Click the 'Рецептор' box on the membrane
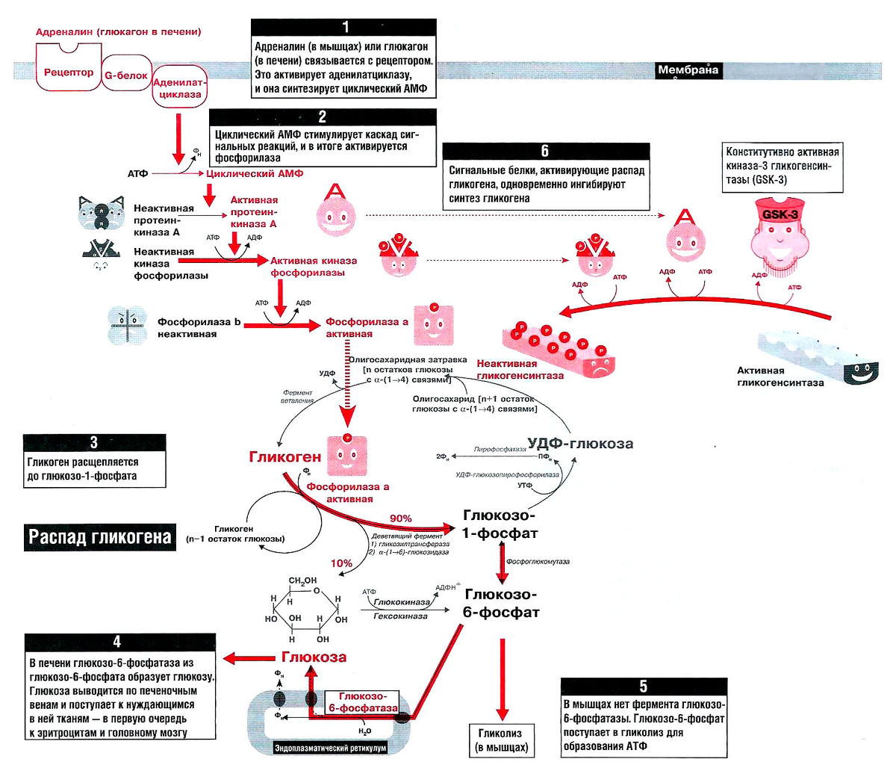(69, 72)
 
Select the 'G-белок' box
(125, 75)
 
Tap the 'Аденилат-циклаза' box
(180, 89)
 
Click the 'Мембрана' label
(688, 71)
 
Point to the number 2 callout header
(323, 117)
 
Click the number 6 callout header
(545, 151)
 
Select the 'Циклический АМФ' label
(255, 173)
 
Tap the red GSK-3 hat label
(780, 214)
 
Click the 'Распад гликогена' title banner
(100, 536)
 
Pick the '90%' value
(401, 518)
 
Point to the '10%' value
(341, 563)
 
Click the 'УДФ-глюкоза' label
(580, 444)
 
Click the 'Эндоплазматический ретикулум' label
(331, 746)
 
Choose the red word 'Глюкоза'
(314, 657)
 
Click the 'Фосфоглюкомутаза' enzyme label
(538, 561)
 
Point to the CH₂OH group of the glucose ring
(302, 580)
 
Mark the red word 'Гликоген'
(285, 456)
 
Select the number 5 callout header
(643, 687)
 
